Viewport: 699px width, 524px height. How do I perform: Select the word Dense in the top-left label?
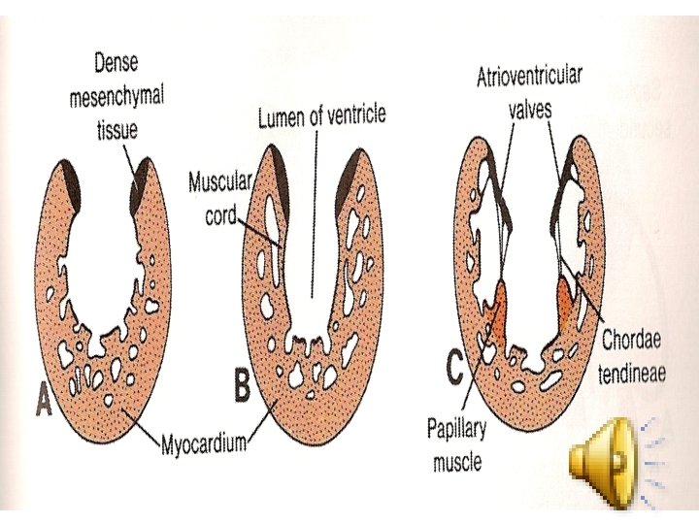coord(116,64)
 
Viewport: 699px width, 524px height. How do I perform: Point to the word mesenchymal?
coord(116,96)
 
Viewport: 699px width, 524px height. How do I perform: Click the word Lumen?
coord(280,119)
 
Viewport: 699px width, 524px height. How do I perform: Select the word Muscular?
coord(221,181)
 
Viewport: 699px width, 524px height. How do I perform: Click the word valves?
coord(530,108)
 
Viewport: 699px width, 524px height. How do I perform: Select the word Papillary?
coord(459,427)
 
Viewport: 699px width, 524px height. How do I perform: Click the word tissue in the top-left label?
coord(116,128)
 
